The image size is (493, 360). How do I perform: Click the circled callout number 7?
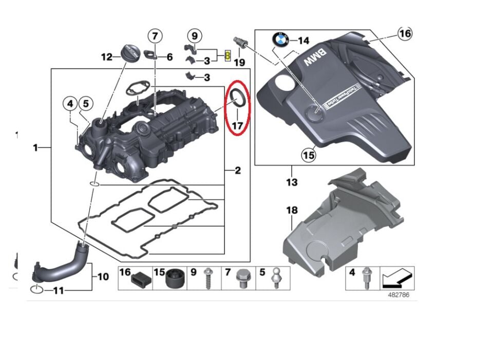coord(155,36)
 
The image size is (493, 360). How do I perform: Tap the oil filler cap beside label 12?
coord(130,53)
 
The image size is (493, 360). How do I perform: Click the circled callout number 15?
coord(309,154)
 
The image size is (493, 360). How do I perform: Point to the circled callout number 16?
coord(405,34)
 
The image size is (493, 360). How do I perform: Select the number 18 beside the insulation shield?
coord(292,210)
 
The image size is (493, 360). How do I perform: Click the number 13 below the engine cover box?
coord(292,183)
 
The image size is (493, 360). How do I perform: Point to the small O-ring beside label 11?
coord(36,290)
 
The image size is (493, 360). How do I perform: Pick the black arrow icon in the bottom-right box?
coord(396,279)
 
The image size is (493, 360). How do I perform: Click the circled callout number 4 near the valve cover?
coord(69,103)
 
